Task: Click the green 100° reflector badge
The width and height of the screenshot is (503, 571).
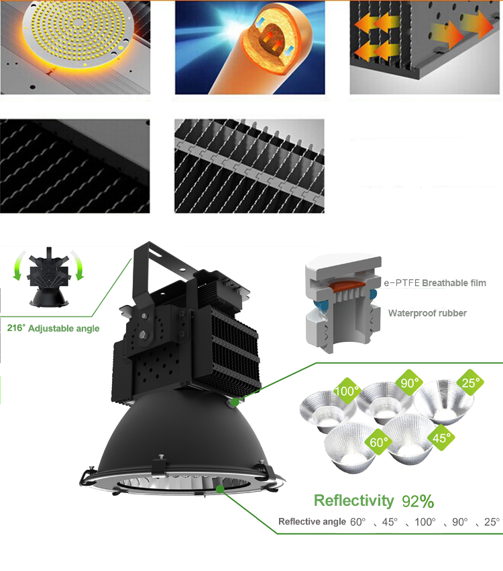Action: pyautogui.click(x=347, y=391)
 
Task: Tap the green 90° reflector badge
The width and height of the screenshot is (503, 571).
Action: pyautogui.click(x=410, y=383)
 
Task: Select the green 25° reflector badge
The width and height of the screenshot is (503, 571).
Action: pyautogui.click(x=471, y=382)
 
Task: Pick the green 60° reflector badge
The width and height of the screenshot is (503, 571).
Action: pyautogui.click(x=378, y=442)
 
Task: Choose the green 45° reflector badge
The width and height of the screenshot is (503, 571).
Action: pyautogui.click(x=441, y=437)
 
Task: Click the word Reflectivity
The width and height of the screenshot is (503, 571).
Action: pyautogui.click(x=353, y=500)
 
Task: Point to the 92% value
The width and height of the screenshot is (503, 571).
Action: pyautogui.click(x=418, y=501)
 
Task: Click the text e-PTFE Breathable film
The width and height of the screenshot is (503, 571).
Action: pyautogui.click(x=435, y=283)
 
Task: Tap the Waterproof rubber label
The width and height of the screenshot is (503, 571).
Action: pyautogui.click(x=427, y=313)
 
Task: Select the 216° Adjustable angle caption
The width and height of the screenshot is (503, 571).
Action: pyautogui.click(x=53, y=328)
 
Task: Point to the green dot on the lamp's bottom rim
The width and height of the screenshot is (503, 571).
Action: pyautogui.click(x=220, y=488)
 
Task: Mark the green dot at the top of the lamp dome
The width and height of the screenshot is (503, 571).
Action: pyautogui.click(x=235, y=402)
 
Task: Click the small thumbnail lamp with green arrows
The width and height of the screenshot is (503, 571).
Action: pyautogui.click(x=49, y=277)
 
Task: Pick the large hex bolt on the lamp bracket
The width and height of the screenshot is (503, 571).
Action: pyautogui.click(x=144, y=335)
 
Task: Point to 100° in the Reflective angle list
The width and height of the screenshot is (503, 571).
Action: pyautogui.click(x=425, y=522)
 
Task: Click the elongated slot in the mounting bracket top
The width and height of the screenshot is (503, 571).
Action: pyautogui.click(x=158, y=252)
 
